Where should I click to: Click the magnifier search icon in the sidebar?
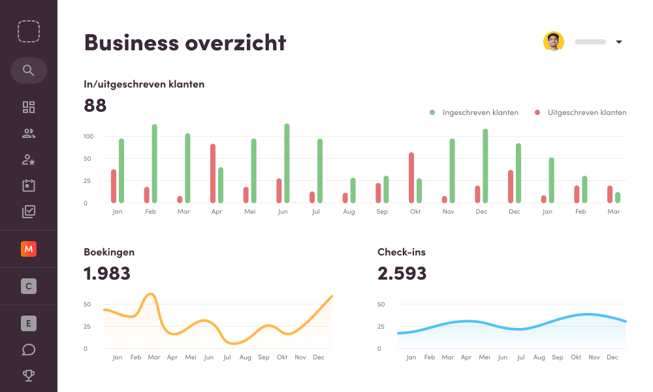(x=28, y=71)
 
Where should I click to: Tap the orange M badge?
(x=28, y=248)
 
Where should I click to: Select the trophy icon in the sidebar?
(x=28, y=375)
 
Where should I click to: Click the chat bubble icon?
(x=28, y=350)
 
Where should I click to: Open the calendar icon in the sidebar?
(x=28, y=186)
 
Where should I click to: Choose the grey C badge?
(x=28, y=286)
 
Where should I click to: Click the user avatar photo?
(x=553, y=42)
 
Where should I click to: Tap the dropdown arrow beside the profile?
(x=618, y=42)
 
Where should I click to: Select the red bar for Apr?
(x=213, y=173)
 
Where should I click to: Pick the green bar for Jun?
(x=287, y=163)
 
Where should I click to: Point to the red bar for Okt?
(x=411, y=178)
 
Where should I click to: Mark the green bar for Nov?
(x=452, y=171)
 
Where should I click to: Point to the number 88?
(x=95, y=105)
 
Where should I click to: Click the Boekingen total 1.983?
(x=107, y=273)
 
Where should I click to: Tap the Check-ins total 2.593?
(x=402, y=273)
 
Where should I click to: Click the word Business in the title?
(x=131, y=42)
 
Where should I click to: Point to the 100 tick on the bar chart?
(x=89, y=137)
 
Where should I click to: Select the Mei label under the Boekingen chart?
(x=191, y=357)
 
